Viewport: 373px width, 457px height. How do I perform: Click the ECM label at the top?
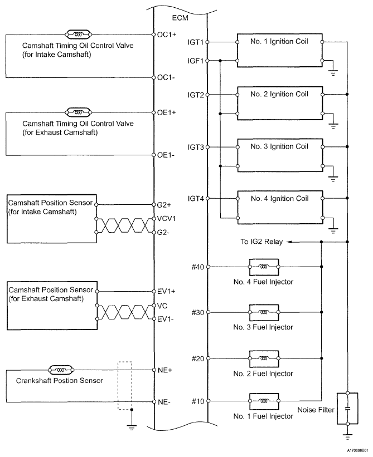180,17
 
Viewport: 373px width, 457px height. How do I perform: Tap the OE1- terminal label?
165,156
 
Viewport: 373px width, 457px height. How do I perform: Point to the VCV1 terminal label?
167,219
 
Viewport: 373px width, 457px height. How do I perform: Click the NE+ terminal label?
164,370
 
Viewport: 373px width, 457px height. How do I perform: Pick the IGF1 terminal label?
196,61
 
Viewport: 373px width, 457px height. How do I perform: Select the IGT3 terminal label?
196,148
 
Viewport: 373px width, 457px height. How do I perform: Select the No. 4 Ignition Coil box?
280,208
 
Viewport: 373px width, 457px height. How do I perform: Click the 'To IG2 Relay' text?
259,242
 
